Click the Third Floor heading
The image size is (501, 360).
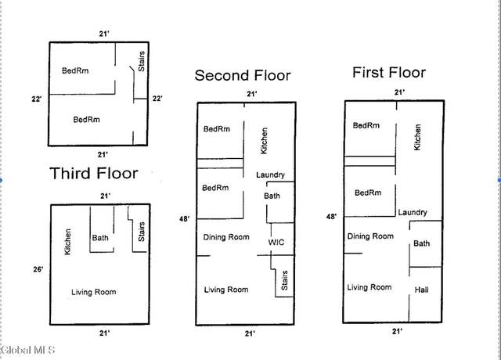(x=94, y=174)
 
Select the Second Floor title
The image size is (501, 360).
(x=243, y=76)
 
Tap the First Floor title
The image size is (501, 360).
(x=389, y=73)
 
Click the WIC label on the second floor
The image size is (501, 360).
(x=276, y=242)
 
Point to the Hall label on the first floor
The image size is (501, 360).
(x=421, y=290)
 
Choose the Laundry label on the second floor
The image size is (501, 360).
(x=270, y=175)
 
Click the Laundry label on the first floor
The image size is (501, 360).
(x=413, y=212)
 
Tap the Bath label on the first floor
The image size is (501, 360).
(x=421, y=243)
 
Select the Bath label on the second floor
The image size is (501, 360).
(x=272, y=196)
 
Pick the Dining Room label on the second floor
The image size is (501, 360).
(x=226, y=237)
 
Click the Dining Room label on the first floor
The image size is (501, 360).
(x=370, y=236)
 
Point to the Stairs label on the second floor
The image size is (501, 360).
(x=284, y=280)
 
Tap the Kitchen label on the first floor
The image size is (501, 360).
(x=417, y=137)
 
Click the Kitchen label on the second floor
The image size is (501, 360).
(x=264, y=141)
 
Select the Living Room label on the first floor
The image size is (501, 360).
(x=369, y=287)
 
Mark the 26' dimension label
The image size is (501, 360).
(x=38, y=269)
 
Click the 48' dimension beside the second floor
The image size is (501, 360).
(x=184, y=219)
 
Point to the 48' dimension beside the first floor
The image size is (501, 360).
(x=331, y=217)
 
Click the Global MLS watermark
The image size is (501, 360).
(x=27, y=350)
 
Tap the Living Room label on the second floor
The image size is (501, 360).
(x=226, y=290)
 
